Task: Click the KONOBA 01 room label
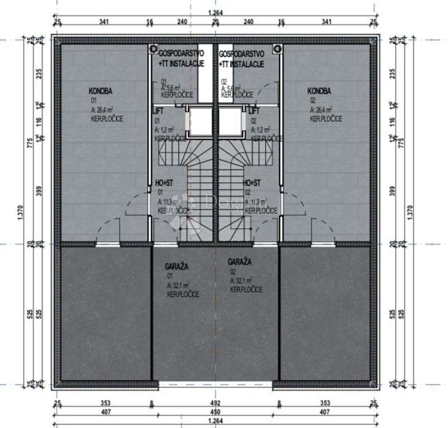[x=101, y=92]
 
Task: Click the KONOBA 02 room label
[x=319, y=92]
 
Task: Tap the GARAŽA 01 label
[x=177, y=266]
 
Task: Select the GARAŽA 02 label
[x=240, y=262]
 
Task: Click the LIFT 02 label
[x=254, y=111]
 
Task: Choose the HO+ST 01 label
[x=164, y=183]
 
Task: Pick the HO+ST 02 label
[x=252, y=183]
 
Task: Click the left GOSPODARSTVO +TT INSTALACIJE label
[x=181, y=59]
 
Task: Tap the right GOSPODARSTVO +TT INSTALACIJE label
[x=241, y=59]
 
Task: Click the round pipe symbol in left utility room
[x=153, y=49]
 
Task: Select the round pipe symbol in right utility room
[x=276, y=49]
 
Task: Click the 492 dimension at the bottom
[x=215, y=403]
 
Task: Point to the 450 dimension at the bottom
[x=215, y=412]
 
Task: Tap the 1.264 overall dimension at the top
[x=215, y=13]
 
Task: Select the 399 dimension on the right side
[x=392, y=191]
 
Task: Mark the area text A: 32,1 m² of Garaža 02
[x=241, y=281]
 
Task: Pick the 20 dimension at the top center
[x=215, y=21]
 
